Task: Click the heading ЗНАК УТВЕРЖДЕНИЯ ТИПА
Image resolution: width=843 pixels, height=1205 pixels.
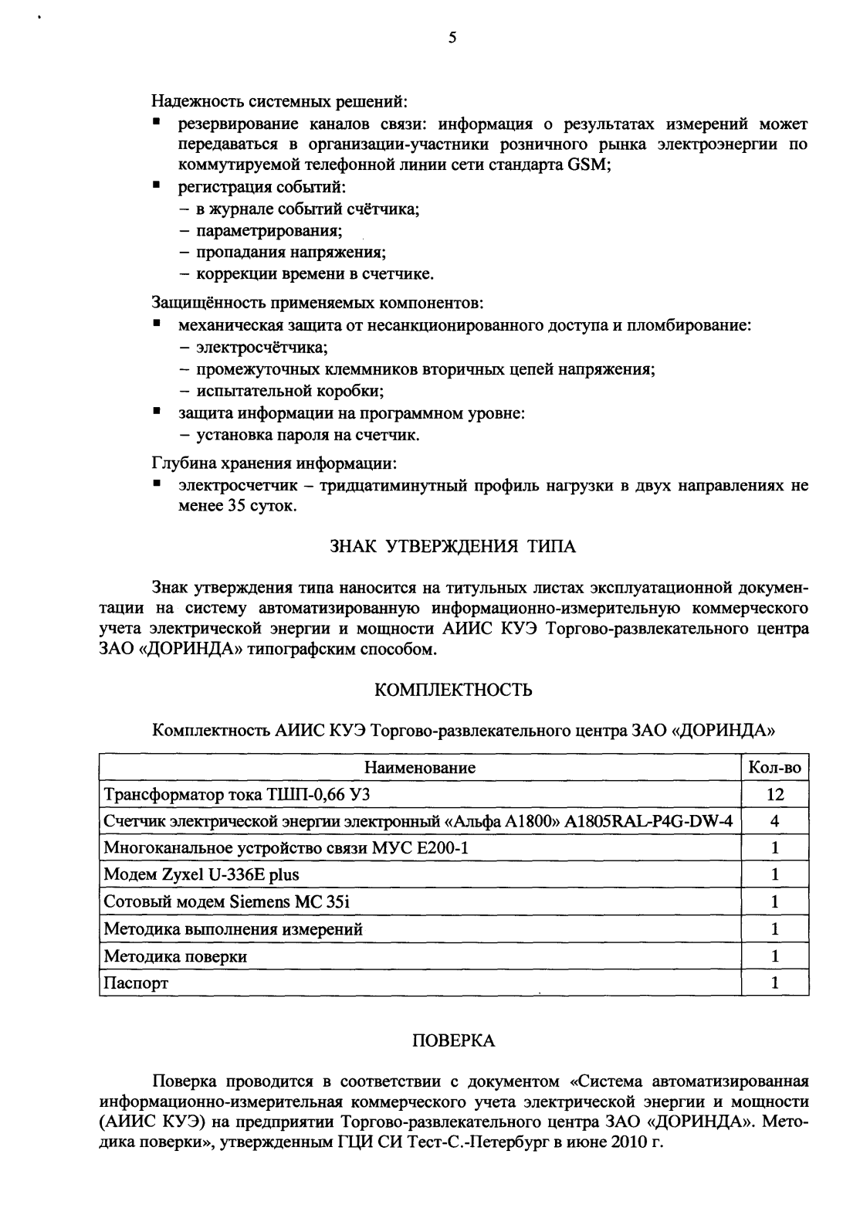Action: (x=453, y=547)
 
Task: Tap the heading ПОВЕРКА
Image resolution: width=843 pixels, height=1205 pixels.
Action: (x=453, y=1040)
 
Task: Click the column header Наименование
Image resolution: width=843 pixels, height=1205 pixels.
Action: (x=420, y=768)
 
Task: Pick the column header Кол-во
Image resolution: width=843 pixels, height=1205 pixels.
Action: (x=774, y=768)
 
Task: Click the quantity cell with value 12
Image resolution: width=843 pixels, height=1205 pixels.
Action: (x=774, y=795)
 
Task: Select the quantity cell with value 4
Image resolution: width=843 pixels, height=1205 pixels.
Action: (x=774, y=822)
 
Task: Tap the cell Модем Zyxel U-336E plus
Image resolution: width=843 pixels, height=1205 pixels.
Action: (x=201, y=875)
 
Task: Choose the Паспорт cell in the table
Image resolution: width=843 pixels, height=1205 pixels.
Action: (x=136, y=983)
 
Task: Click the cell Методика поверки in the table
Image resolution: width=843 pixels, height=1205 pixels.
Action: (x=176, y=956)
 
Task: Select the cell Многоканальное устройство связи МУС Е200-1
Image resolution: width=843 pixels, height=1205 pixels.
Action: (x=286, y=848)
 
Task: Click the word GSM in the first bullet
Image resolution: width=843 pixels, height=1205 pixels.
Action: (x=589, y=165)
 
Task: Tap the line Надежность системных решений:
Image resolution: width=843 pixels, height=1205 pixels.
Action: (x=279, y=101)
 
